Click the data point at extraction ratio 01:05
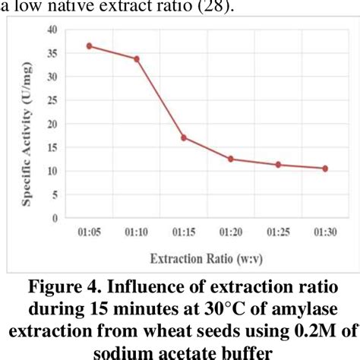pyautogui.click(x=89, y=46)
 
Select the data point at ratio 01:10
pyautogui.click(x=137, y=58)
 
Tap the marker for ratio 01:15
pyautogui.click(x=184, y=137)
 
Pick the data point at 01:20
pyautogui.click(x=231, y=159)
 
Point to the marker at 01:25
pyautogui.click(x=278, y=164)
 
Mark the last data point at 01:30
pyautogui.click(x=325, y=168)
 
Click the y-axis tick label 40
pyautogui.click(x=52, y=29)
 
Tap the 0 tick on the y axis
pyautogui.click(x=55, y=218)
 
